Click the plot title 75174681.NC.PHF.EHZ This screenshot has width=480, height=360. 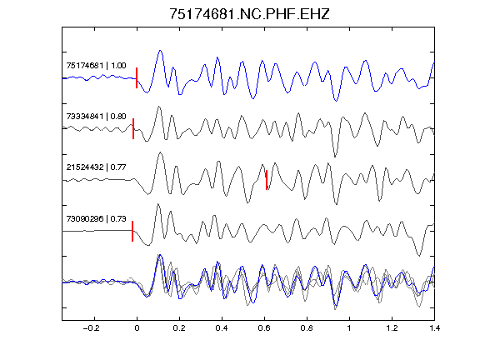249,14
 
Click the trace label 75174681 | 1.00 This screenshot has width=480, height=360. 96,66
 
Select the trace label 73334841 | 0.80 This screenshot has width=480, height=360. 96,117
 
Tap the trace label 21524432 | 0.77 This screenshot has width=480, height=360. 96,167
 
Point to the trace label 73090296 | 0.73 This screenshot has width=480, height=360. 96,218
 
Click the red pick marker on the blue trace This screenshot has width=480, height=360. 137,77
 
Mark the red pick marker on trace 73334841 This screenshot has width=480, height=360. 133,128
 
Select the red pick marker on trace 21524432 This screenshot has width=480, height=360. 267,180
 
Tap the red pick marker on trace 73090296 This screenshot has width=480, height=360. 132,231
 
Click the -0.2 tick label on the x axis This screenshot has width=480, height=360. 91,328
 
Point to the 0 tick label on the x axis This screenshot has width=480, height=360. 137,328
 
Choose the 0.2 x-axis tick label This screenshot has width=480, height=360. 179,328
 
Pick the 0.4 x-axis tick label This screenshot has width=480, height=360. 222,328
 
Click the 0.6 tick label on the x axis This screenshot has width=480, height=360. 264,328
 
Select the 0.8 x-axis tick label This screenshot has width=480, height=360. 307,328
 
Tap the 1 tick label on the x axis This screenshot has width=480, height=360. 349,328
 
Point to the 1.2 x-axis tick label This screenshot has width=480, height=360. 392,328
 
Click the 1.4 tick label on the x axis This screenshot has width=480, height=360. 434,328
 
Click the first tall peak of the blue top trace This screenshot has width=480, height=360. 160,51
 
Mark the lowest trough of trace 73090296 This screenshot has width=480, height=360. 419,255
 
